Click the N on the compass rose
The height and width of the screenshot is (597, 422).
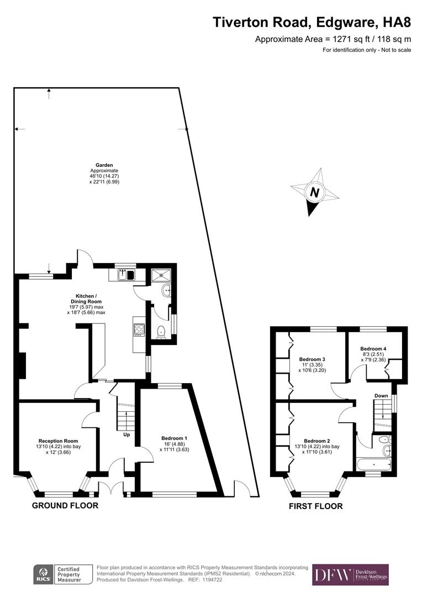coord(315,193)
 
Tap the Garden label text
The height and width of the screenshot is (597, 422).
coord(104,165)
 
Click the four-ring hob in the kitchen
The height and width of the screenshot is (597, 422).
coord(139,329)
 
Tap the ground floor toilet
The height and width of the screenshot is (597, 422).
coord(161,332)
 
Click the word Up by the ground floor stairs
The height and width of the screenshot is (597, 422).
coord(126,434)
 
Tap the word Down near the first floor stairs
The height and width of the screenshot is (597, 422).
coord(381,396)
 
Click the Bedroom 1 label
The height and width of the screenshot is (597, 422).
coord(175,438)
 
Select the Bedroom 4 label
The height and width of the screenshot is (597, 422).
coord(373,349)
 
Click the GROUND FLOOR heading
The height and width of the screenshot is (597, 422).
coord(65,505)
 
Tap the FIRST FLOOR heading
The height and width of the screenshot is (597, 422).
coord(316,506)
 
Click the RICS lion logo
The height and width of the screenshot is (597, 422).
coord(43,575)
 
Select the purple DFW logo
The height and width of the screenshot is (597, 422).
coord(350,575)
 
